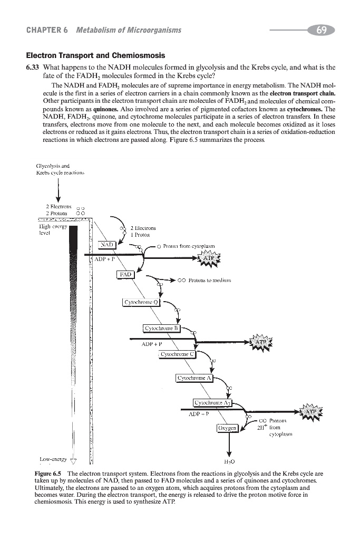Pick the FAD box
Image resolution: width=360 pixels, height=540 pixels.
(x=125, y=274)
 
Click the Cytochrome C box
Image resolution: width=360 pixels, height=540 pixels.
(x=178, y=354)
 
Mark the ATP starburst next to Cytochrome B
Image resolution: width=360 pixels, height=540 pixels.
(x=262, y=342)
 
